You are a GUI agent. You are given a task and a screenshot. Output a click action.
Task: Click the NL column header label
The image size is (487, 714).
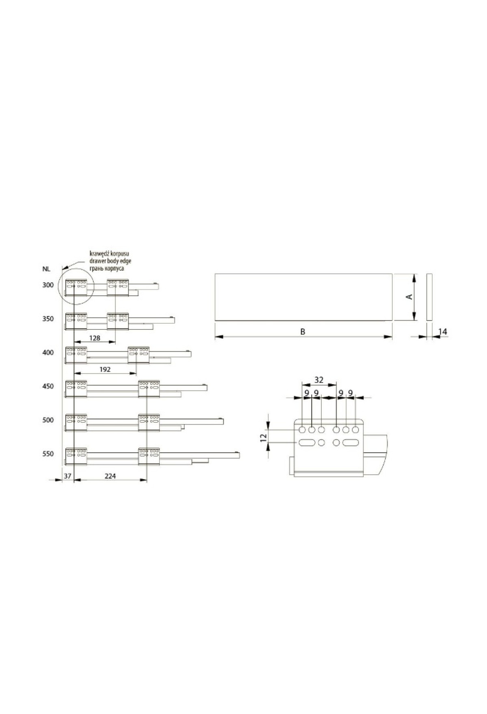tap(47, 269)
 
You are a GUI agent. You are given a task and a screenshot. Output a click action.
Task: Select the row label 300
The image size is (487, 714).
tap(48, 285)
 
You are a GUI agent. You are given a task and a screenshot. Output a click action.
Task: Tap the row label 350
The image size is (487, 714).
tap(48, 319)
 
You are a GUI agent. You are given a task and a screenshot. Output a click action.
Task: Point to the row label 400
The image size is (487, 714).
tap(48, 353)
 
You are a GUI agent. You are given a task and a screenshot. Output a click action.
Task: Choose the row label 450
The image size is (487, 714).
tap(48, 386)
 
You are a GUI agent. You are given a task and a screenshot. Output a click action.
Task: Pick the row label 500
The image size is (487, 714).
tap(48, 420)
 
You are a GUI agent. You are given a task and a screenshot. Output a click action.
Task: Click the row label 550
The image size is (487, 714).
tap(48, 454)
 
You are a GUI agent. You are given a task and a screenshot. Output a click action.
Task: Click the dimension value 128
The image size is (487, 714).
tap(95, 338)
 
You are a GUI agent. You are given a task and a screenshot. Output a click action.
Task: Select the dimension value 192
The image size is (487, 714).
tap(105, 370)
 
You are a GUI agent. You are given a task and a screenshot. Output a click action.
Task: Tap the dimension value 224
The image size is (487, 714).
tap(110, 476)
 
